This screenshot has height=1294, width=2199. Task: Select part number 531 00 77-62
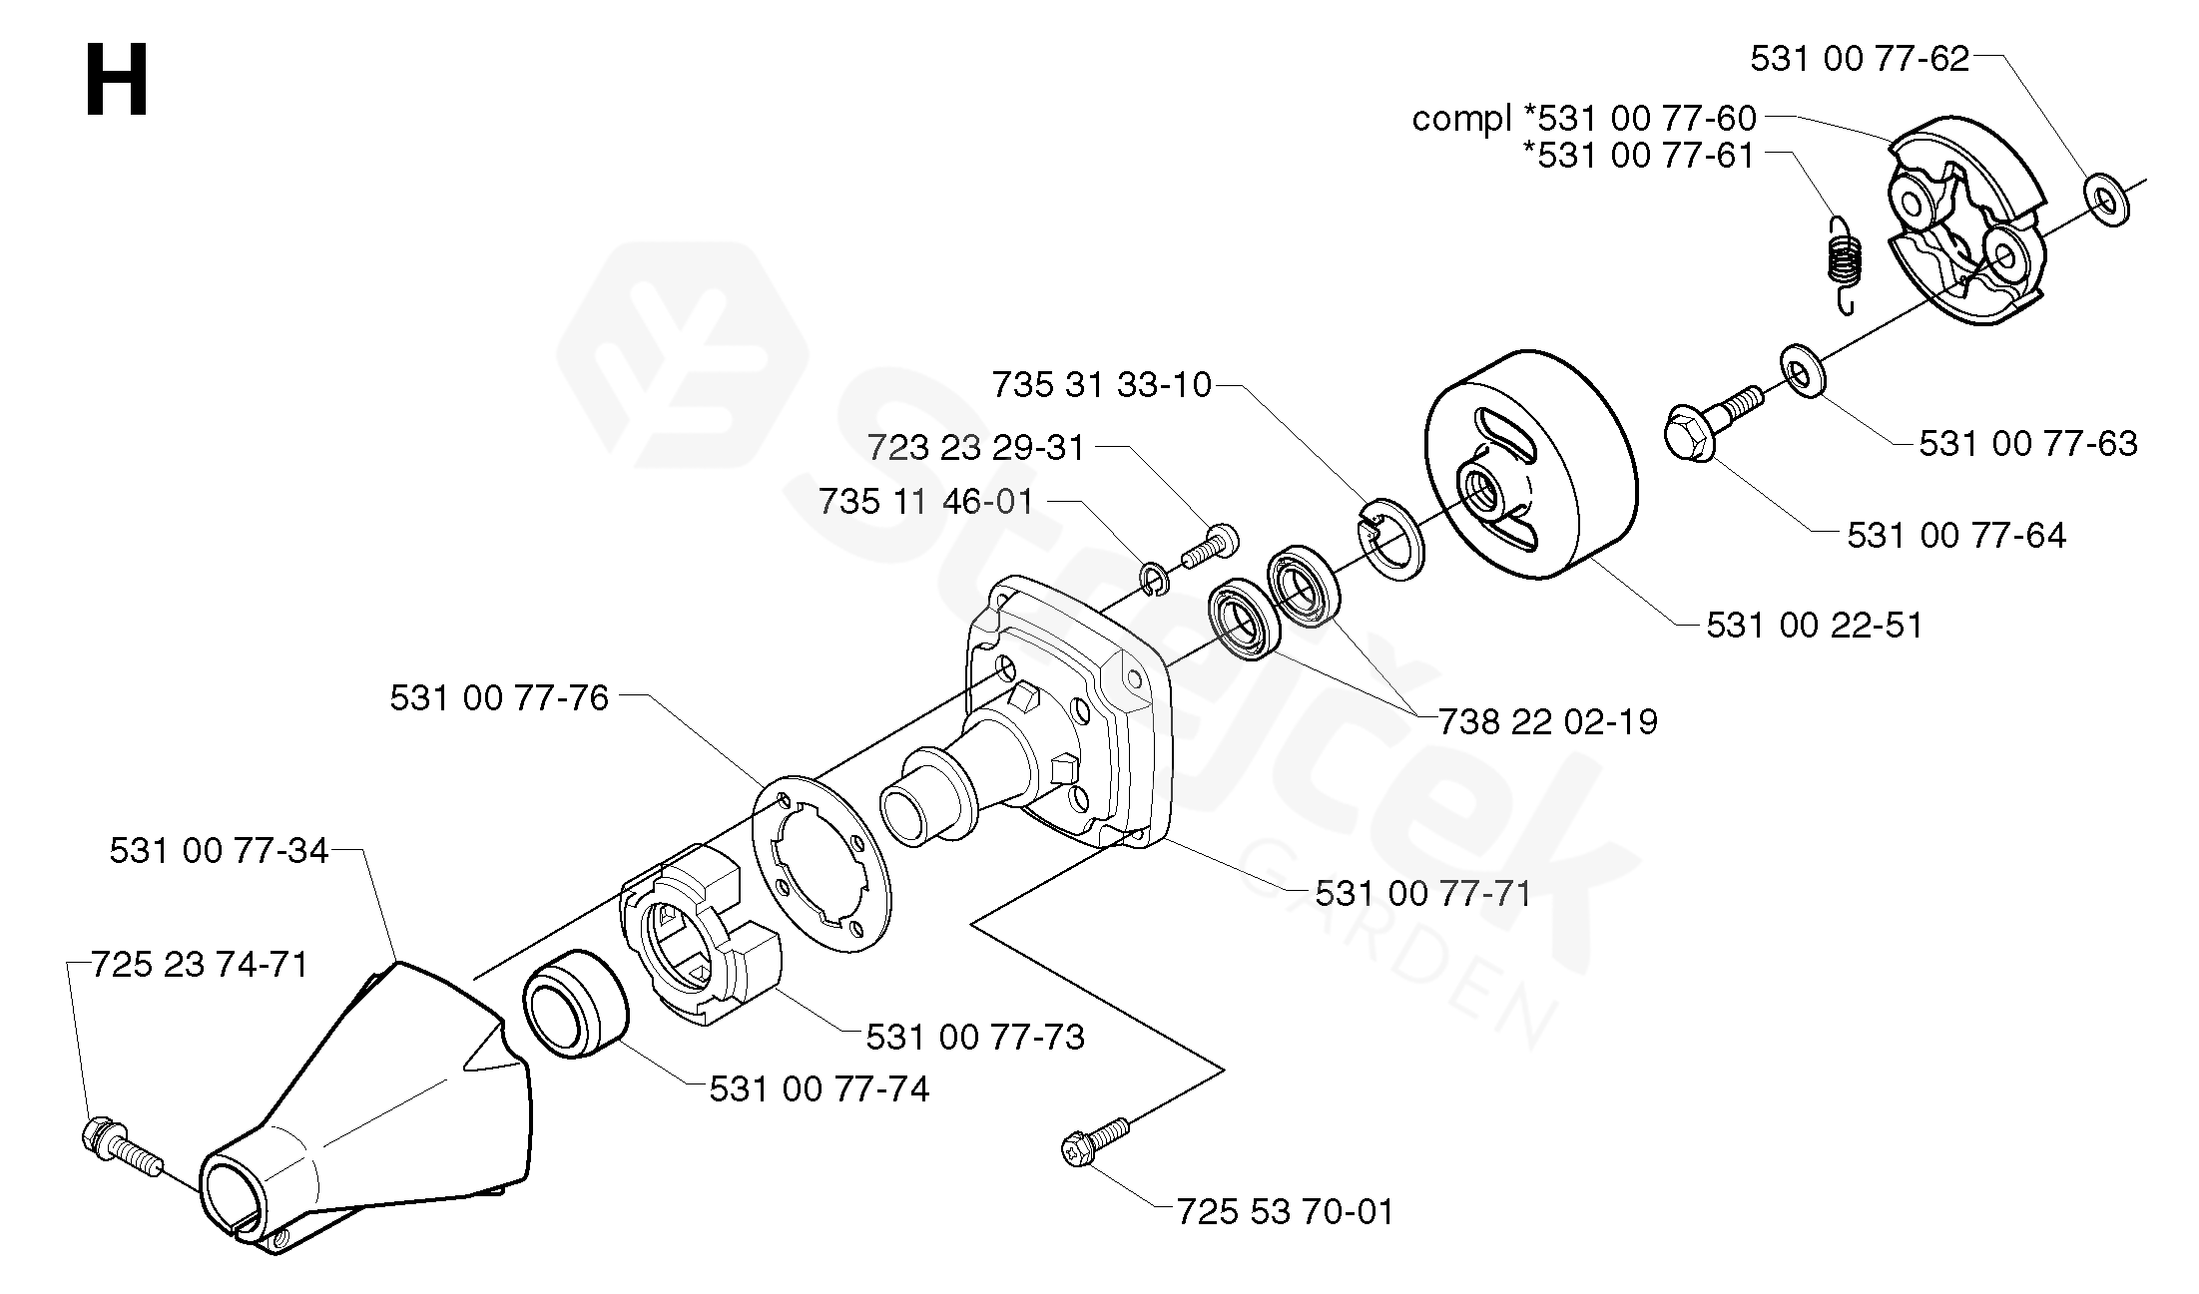pyautogui.click(x=1860, y=59)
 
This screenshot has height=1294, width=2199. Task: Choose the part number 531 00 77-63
pyautogui.click(x=2028, y=443)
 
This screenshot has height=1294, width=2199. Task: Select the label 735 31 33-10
pyautogui.click(x=1102, y=384)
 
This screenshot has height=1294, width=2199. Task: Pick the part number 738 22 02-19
pyautogui.click(x=1548, y=721)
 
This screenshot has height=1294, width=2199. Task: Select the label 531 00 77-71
pyautogui.click(x=1423, y=893)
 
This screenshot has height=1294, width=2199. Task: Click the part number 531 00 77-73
pyautogui.click(x=975, y=1038)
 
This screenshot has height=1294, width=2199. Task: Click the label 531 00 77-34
pyautogui.click(x=219, y=851)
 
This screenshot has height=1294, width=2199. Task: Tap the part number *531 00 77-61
pyautogui.click(x=1639, y=156)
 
